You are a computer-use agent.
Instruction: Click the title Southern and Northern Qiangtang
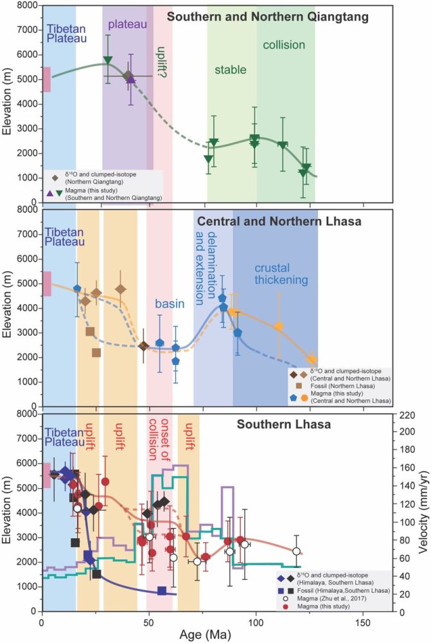coord(267,17)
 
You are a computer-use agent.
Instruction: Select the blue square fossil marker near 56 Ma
coord(163,591)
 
